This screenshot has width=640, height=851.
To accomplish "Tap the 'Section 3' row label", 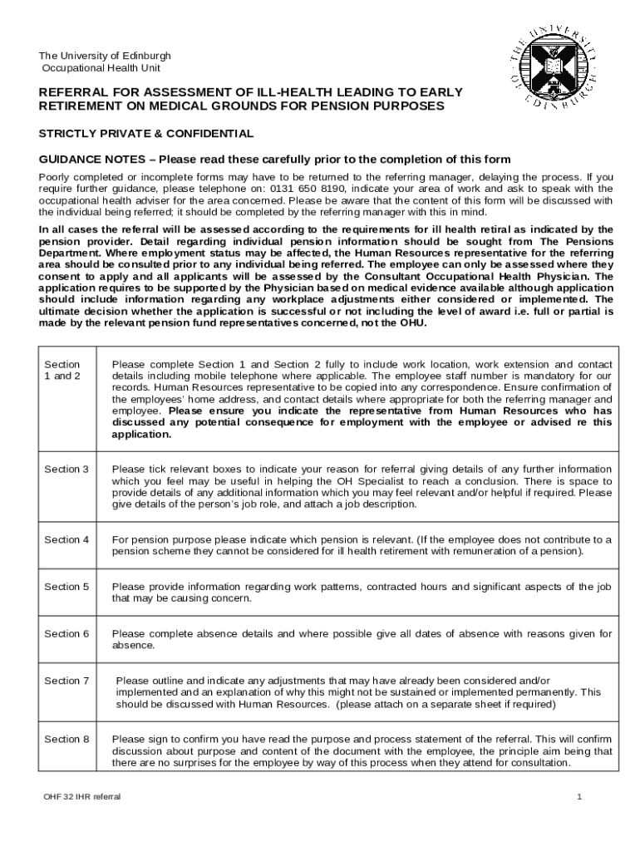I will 66,470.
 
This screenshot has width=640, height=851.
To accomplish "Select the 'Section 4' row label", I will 66,539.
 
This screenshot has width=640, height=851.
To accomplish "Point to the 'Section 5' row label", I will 66,587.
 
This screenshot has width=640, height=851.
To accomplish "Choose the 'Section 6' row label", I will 66,634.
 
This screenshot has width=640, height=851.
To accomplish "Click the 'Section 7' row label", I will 66,681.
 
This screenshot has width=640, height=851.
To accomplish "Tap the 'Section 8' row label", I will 66,739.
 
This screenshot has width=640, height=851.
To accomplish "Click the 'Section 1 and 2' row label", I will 62,370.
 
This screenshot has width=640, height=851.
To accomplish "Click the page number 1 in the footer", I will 579,797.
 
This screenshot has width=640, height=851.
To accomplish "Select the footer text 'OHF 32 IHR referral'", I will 82,797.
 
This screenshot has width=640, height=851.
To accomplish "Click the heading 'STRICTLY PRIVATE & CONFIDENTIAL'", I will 146,134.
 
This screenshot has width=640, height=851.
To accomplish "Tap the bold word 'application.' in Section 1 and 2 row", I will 141,434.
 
